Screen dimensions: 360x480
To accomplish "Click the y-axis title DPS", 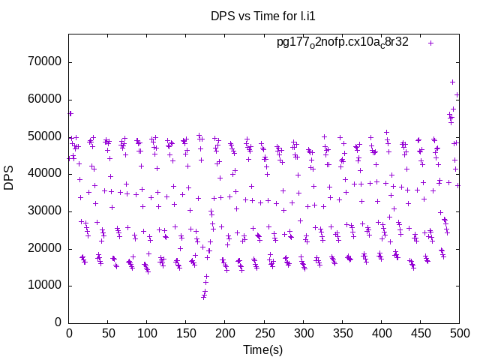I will (9, 178).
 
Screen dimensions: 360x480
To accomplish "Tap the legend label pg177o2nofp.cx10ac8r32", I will (343, 42).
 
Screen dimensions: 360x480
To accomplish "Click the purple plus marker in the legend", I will (430, 43).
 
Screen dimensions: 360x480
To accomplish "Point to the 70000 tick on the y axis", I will (44, 62).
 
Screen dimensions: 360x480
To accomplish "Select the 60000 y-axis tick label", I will (44, 99).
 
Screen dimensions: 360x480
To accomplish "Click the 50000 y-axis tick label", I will (44, 136).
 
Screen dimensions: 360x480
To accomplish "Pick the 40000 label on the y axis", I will (44, 173).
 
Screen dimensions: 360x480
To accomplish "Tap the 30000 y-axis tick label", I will (44, 211).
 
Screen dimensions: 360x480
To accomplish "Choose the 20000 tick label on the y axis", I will (44, 248).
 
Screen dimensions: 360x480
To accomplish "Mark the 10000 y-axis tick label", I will (44, 285).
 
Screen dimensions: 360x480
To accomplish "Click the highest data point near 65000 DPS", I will (453, 82).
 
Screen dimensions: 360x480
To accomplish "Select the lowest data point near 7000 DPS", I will (203, 297).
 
